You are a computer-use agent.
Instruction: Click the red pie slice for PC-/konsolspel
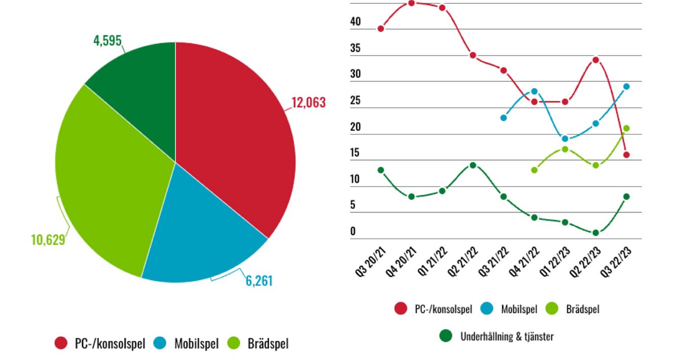tap(233, 132)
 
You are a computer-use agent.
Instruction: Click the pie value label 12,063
tap(308, 102)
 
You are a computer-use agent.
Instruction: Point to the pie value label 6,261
tap(259, 280)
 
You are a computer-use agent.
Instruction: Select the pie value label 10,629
tap(48, 239)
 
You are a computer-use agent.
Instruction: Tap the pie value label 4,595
tap(108, 41)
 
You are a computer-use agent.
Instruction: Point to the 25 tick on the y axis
tap(355, 100)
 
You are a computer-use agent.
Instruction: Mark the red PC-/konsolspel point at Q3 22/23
tap(626, 155)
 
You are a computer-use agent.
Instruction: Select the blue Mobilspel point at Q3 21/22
tap(503, 118)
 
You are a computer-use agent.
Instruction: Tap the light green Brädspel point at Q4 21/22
tap(534, 170)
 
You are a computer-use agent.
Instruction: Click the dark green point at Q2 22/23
tap(596, 233)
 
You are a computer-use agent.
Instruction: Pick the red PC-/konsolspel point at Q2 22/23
tap(596, 60)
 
